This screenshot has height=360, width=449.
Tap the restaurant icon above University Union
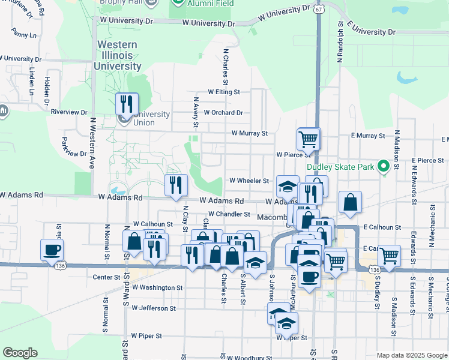click(x=127, y=104)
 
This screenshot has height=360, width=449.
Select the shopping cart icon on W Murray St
click(x=309, y=139)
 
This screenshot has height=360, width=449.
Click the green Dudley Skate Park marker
click(x=382, y=167)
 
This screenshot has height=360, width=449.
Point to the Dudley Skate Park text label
click(x=340, y=167)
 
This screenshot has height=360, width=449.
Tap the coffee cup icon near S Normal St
click(x=52, y=250)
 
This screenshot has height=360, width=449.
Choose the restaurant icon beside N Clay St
click(x=175, y=185)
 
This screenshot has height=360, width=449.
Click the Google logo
click(x=19, y=353)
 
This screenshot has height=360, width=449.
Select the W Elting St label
click(x=224, y=92)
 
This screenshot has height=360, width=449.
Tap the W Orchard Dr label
click(x=223, y=112)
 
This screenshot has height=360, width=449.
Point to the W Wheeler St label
click(x=249, y=181)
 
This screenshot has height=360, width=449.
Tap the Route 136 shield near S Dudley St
click(x=375, y=271)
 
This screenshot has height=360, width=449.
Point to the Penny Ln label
click(x=24, y=35)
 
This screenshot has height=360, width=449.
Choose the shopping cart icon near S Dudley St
click(x=390, y=256)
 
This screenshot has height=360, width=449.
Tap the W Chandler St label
click(x=229, y=214)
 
